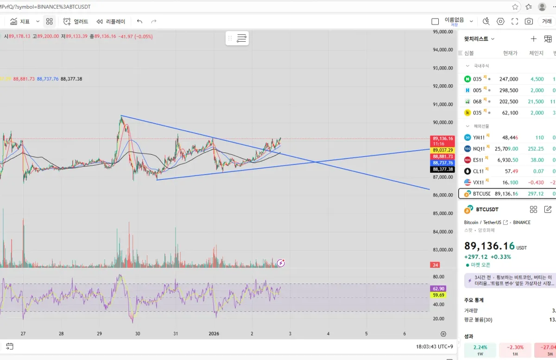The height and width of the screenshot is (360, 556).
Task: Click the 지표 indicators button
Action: point(20,21)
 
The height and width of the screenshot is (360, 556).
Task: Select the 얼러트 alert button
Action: point(76,21)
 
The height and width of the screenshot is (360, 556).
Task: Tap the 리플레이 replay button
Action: point(111,21)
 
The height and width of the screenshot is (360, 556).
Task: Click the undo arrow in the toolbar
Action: point(139,21)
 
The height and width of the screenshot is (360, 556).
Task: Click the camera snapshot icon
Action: point(529,21)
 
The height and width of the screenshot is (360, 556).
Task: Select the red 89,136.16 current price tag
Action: point(442,139)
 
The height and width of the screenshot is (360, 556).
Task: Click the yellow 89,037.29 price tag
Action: point(442,150)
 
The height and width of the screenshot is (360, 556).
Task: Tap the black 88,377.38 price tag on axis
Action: point(442,169)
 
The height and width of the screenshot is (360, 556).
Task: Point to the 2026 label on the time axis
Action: point(214,334)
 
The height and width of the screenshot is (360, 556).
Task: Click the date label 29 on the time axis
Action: point(99,334)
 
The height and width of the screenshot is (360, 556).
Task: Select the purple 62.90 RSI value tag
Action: point(438,289)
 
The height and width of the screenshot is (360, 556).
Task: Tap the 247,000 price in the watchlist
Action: point(508,79)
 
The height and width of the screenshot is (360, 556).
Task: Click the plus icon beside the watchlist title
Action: point(534,39)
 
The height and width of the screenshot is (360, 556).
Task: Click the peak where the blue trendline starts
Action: point(121,115)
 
